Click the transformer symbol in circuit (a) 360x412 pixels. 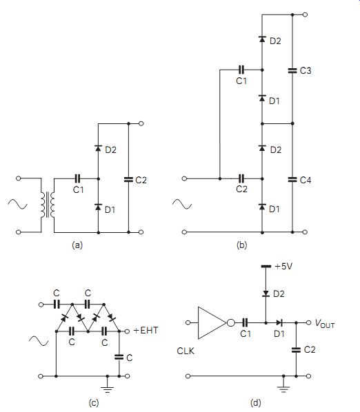pos(48,205)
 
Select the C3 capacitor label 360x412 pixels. pos(306,70)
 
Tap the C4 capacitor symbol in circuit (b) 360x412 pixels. pos(292,179)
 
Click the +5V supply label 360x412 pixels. pos(283,267)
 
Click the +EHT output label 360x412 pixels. pos(146,330)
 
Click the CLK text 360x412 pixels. pos(186,351)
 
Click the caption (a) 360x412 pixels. pos(77,245)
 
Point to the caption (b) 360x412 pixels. pos(241,245)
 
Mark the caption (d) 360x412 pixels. pos(256,402)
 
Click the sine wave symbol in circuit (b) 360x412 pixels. pos(182,204)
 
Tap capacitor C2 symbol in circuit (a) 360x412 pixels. pos(128,179)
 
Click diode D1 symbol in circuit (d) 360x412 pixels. pos(279,322)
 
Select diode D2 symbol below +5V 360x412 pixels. pos(266,293)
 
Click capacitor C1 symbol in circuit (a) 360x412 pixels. pos(77,178)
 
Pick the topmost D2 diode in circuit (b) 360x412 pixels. pos(262,39)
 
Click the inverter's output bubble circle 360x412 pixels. pos(230,322)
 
